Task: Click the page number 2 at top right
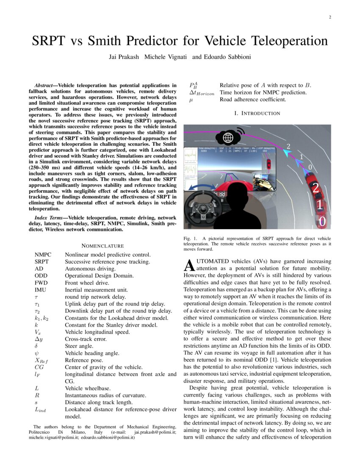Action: pyautogui.click(x=330, y=17)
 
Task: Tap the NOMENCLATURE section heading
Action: pyautogui.click(x=102, y=246)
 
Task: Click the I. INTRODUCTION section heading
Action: pyautogui.click(x=257, y=113)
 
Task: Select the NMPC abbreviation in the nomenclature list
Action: pyautogui.click(x=43, y=255)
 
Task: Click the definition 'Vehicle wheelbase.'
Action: pyautogui.click(x=88, y=388)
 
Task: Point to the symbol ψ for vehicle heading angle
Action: pyautogui.click(x=37, y=353)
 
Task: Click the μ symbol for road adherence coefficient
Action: pyautogui.click(x=191, y=100)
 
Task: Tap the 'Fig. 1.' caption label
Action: pyautogui.click(x=189, y=239)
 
